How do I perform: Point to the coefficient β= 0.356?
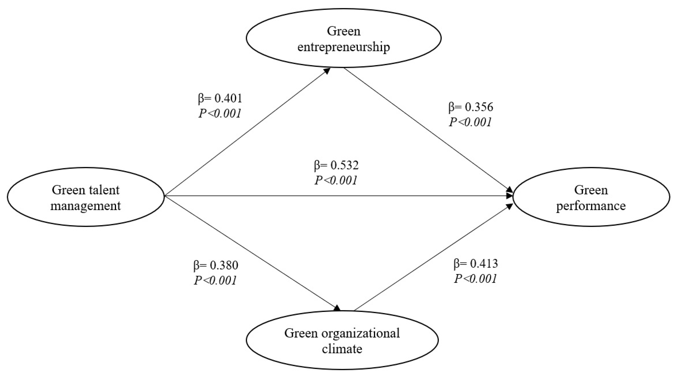coord(471,107)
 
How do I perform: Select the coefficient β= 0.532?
coord(336,165)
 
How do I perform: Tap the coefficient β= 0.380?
coord(216,266)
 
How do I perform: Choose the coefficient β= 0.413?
coord(476,264)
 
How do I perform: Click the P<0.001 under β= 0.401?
coord(220,114)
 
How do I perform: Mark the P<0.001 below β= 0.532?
coord(336,180)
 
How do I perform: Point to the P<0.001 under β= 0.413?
coord(476,279)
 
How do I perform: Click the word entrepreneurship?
coord(343,47)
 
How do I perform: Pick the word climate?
coord(342,349)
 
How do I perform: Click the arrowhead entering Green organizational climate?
coord(337,308)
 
